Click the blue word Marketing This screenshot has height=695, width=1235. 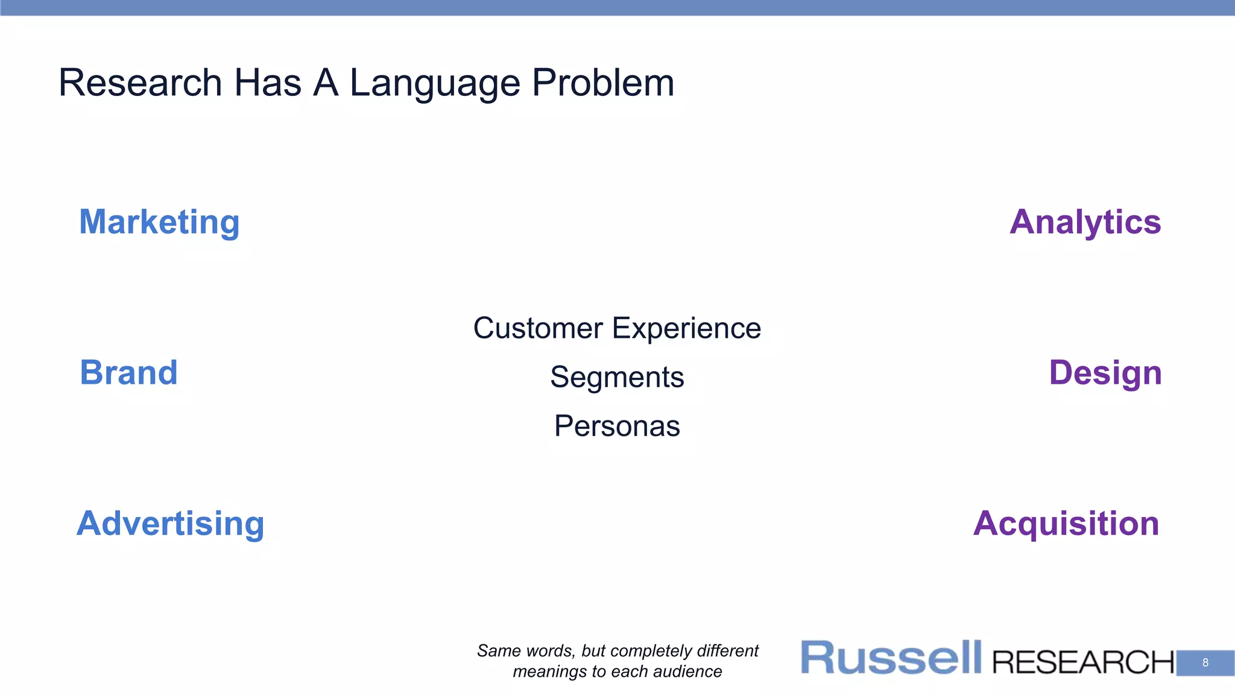[159, 222]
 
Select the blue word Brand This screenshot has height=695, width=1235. [128, 372]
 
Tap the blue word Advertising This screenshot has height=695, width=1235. [171, 523]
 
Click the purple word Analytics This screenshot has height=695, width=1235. [1085, 222]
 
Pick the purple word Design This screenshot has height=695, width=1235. [1105, 372]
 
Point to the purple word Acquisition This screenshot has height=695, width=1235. [1066, 523]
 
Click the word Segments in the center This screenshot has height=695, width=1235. [617, 377]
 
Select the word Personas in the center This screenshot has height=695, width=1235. [617, 426]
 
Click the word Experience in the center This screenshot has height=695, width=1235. [686, 328]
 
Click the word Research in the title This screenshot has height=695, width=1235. [140, 83]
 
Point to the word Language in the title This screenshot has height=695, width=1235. [435, 83]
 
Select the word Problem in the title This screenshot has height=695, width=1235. [602, 83]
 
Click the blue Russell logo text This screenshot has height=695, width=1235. [891, 658]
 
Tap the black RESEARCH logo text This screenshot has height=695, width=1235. [1082, 662]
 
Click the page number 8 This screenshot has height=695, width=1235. [1205, 662]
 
